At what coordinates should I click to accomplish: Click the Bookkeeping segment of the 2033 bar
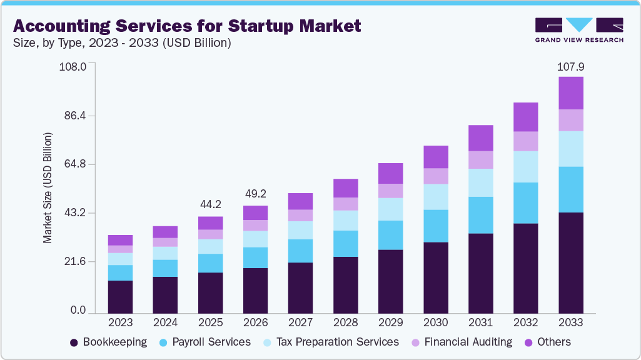(x=570, y=262)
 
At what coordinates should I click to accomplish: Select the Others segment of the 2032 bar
(x=525, y=117)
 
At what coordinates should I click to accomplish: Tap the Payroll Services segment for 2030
(x=435, y=226)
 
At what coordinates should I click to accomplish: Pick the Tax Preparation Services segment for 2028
(x=345, y=221)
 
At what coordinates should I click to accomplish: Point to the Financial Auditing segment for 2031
(x=480, y=160)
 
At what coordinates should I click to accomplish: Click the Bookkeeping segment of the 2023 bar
(x=120, y=297)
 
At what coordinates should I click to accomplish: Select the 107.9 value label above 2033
(x=570, y=66)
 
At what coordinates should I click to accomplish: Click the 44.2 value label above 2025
(x=210, y=205)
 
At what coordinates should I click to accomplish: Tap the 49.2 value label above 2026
(x=255, y=194)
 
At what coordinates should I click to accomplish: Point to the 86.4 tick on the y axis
(x=73, y=116)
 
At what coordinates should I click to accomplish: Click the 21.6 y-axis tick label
(x=73, y=261)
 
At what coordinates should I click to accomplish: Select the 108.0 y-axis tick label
(x=72, y=66)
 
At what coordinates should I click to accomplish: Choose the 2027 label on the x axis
(x=300, y=323)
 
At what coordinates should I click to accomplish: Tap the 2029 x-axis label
(x=390, y=323)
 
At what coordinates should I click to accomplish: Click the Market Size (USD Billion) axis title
(x=48, y=187)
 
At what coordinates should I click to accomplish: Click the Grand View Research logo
(x=579, y=30)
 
